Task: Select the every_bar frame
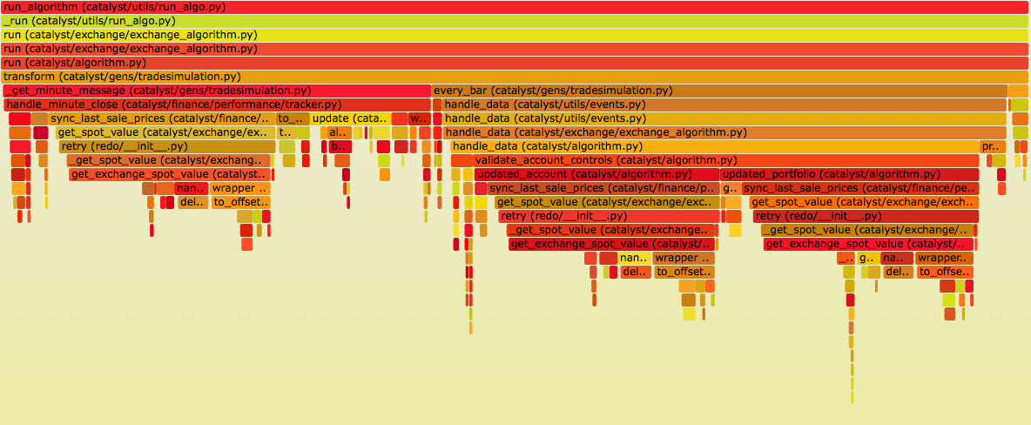click(x=718, y=91)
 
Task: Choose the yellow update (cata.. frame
click(x=349, y=118)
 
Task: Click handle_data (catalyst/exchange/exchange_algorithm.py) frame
click(x=723, y=132)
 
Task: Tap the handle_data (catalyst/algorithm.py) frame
click(x=714, y=146)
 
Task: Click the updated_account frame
click(x=596, y=174)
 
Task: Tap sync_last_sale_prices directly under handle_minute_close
click(x=162, y=118)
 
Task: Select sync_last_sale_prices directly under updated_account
click(x=602, y=188)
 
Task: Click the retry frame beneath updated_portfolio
click(x=866, y=216)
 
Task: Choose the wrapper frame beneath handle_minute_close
click(x=240, y=188)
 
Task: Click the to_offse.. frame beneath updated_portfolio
click(x=944, y=272)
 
